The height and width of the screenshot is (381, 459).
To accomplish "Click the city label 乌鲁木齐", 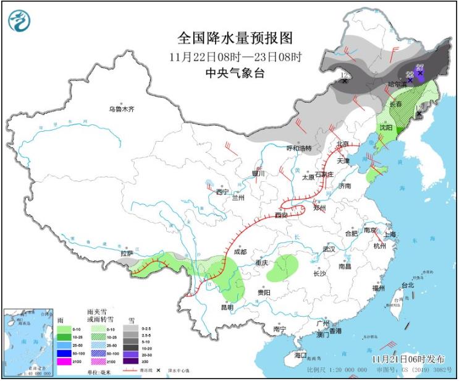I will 122,109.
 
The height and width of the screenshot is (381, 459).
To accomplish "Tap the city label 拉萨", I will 127,253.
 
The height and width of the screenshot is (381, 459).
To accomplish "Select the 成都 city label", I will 240,252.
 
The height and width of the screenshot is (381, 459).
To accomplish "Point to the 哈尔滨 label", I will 397,83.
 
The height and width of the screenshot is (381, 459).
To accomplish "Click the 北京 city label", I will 343,144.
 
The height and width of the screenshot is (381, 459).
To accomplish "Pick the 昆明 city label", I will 226,307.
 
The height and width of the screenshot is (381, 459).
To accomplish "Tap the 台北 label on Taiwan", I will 408,285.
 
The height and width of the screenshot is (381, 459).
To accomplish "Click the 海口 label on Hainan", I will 301,355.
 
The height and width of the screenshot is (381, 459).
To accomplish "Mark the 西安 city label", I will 281,215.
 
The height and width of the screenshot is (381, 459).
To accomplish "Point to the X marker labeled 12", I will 345,80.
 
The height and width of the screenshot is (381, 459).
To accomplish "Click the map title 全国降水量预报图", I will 235,38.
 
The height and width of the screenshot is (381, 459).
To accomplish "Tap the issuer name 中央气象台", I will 235,73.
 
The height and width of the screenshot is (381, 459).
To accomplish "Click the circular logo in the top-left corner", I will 19,22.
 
